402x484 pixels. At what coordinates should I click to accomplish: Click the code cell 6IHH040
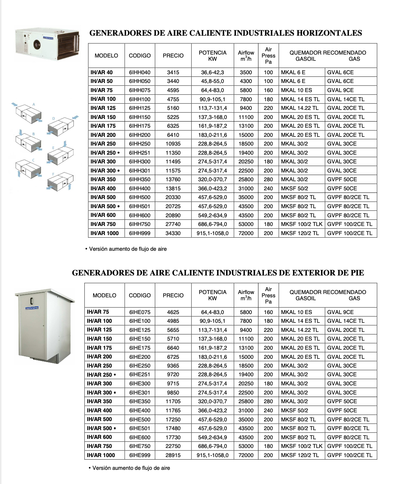(140, 72)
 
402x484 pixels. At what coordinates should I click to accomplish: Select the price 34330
(173, 233)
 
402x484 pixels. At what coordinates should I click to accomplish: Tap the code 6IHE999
(140, 455)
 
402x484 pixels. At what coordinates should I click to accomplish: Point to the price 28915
(173, 455)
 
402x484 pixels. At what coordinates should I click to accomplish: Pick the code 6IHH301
(140, 171)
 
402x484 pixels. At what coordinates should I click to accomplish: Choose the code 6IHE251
(140, 374)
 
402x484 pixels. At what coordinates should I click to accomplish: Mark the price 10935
(173, 144)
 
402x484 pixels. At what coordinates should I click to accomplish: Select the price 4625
(173, 312)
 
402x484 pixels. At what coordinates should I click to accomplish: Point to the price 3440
(173, 81)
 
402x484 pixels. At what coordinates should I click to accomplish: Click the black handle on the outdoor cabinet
(32, 301)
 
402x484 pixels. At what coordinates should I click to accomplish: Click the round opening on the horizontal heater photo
(37, 45)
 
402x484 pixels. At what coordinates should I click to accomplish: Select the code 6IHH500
(140, 197)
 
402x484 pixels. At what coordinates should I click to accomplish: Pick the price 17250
(173, 420)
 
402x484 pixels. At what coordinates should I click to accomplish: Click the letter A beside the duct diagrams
(34, 104)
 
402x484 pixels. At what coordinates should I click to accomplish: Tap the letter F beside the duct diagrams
(53, 174)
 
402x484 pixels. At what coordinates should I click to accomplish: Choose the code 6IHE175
(140, 348)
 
